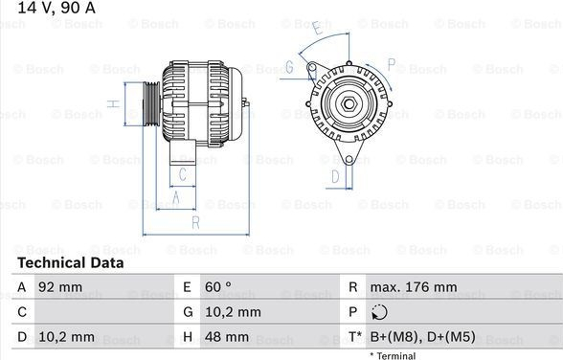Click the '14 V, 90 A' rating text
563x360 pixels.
pos(56,8)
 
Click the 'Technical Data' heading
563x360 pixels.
pos(71,262)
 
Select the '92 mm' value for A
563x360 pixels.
pos(60,287)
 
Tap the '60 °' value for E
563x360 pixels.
pos(218,287)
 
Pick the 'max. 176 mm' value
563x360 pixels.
pos(414,287)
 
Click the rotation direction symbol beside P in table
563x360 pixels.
pos(379,312)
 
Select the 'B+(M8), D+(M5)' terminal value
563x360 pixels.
pos(422,337)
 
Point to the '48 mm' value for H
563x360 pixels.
pos(227,337)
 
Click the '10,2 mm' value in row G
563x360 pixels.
pos(233,312)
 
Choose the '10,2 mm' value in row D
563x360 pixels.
pos(66,337)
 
